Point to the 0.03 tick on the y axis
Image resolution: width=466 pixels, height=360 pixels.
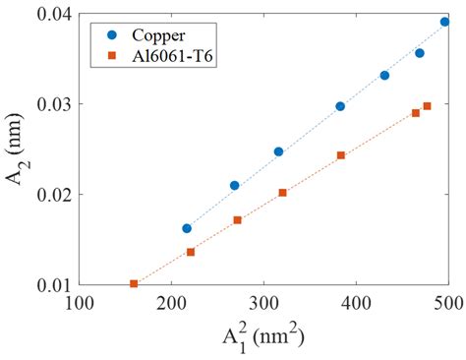coord(52,104)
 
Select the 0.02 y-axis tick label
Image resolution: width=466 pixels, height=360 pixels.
coord(52,195)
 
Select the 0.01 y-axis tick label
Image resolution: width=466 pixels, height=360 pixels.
coord(52,285)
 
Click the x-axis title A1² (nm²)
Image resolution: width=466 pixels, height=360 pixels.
coord(262,337)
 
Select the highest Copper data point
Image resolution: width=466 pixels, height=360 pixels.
coord(444,21)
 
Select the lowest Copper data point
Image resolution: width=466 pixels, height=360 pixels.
coord(187,228)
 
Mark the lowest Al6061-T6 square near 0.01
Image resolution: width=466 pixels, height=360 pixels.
coord(134,284)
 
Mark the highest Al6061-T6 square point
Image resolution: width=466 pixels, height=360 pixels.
coord(427,106)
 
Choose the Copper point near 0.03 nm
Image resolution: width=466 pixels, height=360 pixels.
coord(340,106)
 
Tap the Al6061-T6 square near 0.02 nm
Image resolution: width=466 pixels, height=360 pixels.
coord(283,193)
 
